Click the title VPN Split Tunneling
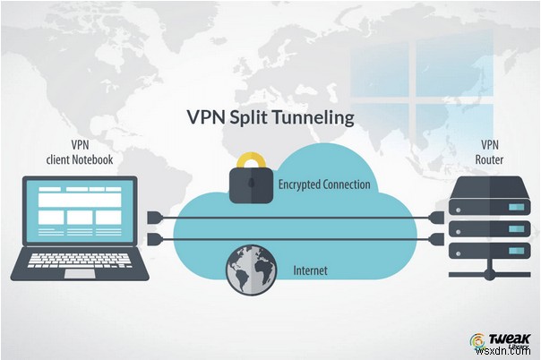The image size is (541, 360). (x=270, y=117)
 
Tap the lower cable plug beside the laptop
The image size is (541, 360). (x=152, y=237)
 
